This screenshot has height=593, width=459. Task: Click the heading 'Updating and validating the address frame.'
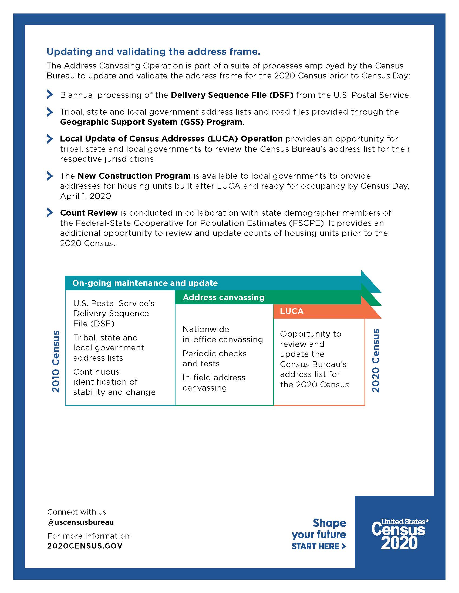point(153,51)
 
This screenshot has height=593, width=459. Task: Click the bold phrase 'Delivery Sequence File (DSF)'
point(232,95)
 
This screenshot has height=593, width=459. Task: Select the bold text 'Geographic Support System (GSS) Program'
point(151,122)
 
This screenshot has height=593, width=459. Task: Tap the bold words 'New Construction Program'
point(134,176)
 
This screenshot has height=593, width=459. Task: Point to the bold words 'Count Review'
point(89,213)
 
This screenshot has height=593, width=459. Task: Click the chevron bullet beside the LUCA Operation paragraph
point(50,139)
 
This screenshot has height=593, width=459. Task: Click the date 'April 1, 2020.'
point(86,196)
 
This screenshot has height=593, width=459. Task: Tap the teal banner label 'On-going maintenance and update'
point(145,283)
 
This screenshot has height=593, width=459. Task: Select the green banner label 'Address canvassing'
point(224,297)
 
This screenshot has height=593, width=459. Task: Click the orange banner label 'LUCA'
point(292,311)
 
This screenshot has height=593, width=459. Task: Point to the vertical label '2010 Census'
point(56,361)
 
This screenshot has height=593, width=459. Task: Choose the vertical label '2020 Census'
point(376,361)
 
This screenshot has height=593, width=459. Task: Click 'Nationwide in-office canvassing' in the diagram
point(223,334)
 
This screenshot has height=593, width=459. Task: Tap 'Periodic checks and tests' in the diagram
point(214,358)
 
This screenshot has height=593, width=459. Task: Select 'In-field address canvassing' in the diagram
point(214,382)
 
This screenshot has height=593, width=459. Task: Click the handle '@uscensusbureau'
point(80,522)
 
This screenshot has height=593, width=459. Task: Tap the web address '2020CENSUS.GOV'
point(85,546)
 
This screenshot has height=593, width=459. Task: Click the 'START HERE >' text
point(318,546)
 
